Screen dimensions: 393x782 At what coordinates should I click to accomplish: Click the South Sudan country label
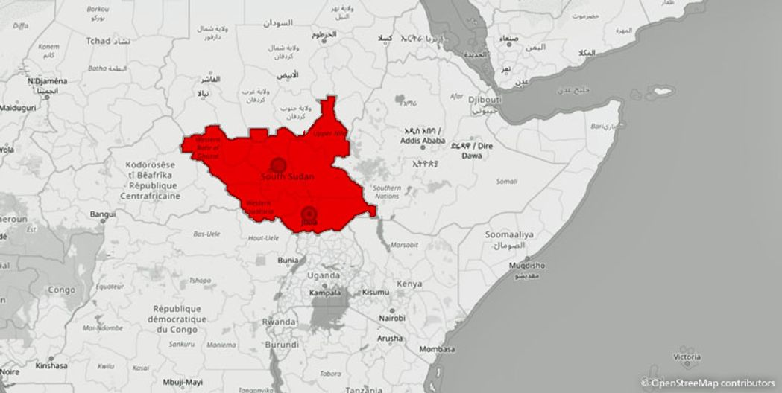pyautogui.click(x=287, y=177)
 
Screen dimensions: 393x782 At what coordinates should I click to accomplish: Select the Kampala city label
pyautogui.click(x=326, y=293)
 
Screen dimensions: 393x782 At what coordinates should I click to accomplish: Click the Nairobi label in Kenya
pyautogui.click(x=391, y=319)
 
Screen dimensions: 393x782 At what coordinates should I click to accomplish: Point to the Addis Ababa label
pyautogui.click(x=423, y=140)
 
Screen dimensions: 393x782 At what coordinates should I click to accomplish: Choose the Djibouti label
pyautogui.click(x=486, y=100)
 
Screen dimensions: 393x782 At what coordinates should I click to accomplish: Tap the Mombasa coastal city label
pyautogui.click(x=437, y=349)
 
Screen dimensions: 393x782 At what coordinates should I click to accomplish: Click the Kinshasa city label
pyautogui.click(x=51, y=365)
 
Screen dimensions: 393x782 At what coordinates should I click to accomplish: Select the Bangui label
pyautogui.click(x=103, y=214)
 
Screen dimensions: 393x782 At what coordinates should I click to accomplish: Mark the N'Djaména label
pyautogui.click(x=47, y=81)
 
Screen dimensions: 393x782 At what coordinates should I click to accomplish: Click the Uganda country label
pyautogui.click(x=324, y=275)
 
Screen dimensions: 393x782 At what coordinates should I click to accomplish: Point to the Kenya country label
pyautogui.click(x=409, y=284)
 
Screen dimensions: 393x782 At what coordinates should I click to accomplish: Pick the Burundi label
pyautogui.click(x=282, y=345)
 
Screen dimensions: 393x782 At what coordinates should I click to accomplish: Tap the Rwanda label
pyautogui.click(x=279, y=322)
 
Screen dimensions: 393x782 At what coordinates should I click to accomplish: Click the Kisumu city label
pyautogui.click(x=376, y=292)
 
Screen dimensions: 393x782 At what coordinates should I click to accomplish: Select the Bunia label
pyautogui.click(x=288, y=261)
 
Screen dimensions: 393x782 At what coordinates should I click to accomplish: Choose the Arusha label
pyautogui.click(x=389, y=338)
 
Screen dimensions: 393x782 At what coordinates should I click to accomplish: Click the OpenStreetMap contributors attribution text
pyautogui.click(x=713, y=383)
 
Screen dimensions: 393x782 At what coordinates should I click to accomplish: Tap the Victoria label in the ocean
pyautogui.click(x=687, y=357)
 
